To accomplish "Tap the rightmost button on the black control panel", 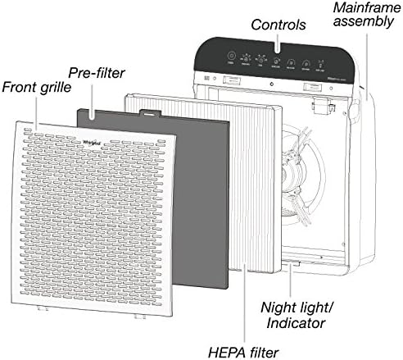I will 330,61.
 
